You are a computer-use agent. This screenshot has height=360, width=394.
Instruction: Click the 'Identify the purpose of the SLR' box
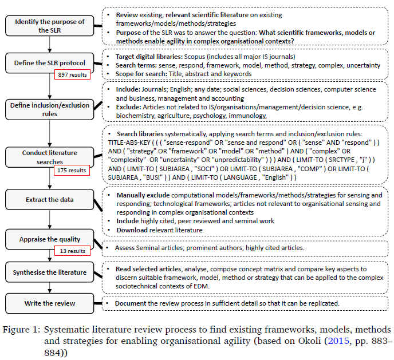[49, 26]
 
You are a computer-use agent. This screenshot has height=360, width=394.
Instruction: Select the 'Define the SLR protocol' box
[49, 61]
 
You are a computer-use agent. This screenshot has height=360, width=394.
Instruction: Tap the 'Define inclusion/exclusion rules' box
[49, 109]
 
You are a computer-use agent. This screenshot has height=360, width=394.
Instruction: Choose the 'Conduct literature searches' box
[49, 156]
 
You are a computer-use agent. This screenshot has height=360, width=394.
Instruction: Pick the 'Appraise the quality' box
[49, 240]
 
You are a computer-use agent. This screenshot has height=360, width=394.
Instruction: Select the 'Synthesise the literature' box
[49, 272]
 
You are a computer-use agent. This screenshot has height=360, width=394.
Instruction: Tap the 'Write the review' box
[49, 303]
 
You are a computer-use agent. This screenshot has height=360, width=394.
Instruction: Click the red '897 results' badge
[72, 74]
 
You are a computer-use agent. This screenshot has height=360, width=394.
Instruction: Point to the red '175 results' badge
[72, 170]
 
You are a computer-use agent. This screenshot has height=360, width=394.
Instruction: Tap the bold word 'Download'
[132, 230]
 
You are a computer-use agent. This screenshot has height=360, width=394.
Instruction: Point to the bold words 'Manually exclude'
[142, 195]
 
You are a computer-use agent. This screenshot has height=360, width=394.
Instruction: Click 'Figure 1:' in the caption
[21, 330]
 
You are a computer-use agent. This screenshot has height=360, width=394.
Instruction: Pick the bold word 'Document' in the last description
[133, 303]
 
